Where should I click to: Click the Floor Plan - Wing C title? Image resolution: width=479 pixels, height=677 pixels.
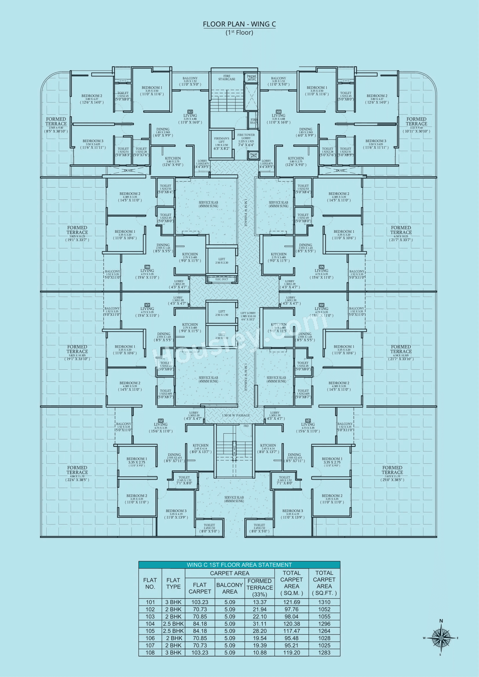tap(239, 24)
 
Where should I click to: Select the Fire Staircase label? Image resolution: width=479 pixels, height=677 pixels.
tap(226, 78)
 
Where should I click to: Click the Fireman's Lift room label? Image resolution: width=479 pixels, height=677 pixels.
tap(222, 143)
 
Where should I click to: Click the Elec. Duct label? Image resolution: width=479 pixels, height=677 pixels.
tap(222, 279)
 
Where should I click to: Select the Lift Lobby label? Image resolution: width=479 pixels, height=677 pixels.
tap(248, 316)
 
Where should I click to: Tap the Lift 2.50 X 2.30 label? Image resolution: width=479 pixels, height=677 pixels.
tap(222, 261)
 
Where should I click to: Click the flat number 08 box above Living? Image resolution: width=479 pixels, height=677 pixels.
tap(190, 112)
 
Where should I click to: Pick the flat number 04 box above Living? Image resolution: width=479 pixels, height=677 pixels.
tap(308, 421)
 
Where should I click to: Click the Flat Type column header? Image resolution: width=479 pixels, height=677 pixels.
tap(173, 583)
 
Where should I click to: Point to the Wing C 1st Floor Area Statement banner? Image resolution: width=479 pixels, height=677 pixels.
tap(239, 565)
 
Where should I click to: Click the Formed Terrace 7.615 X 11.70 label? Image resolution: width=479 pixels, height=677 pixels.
tap(392, 473)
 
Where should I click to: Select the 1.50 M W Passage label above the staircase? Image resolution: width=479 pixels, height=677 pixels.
tap(236, 415)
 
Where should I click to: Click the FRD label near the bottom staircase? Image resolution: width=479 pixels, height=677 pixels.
tap(246, 426)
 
